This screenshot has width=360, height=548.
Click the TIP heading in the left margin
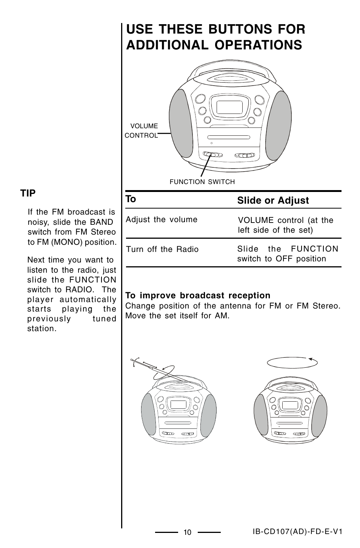[28, 193]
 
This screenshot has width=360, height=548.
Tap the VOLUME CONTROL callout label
[142, 130]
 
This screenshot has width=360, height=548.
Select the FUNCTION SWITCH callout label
[202, 182]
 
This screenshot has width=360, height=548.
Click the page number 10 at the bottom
[188, 533]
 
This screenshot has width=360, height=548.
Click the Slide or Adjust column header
[273, 200]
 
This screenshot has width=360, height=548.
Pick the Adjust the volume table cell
[162, 220]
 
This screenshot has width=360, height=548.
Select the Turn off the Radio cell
[162, 249]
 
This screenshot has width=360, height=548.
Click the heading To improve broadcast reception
[198, 295]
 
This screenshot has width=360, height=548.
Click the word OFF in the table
[284, 259]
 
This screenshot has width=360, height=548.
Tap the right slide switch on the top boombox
[244, 155]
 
